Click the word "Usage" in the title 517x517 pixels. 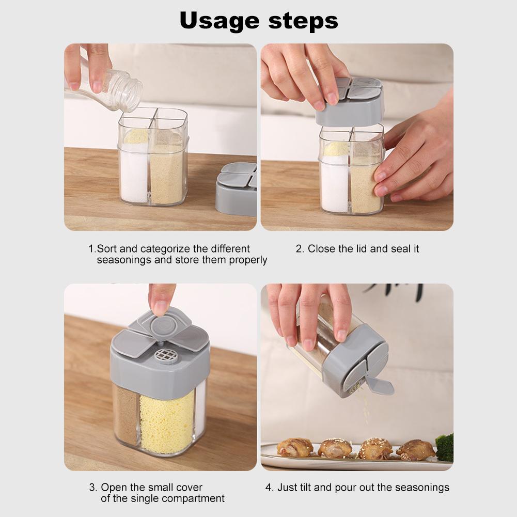coord(220,21)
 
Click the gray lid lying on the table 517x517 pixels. coord(237,189)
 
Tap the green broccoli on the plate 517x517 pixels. coord(445,447)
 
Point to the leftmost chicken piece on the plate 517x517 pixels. coord(295,447)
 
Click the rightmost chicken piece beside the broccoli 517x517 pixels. coord(415,449)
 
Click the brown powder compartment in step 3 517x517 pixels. coord(126,413)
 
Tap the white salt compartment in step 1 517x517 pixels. coord(133,173)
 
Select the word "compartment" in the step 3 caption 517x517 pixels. coord(193,498)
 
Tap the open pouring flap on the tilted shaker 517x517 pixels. coord(379,385)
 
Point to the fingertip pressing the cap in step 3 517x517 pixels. coord(161,307)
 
